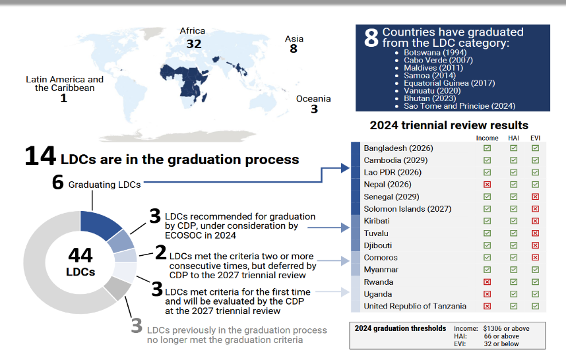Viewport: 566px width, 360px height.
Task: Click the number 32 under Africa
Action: [x=194, y=44]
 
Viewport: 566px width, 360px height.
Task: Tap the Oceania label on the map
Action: [x=313, y=98]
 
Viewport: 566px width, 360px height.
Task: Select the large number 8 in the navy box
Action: [x=371, y=38]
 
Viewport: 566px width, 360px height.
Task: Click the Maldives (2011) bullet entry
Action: [x=433, y=68]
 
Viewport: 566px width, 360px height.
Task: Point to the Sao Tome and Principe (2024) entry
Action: [x=460, y=106]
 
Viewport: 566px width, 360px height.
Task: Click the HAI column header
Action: [x=513, y=138]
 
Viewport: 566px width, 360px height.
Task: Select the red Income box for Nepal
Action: [x=487, y=185]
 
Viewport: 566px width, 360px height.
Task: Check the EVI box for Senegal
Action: [x=535, y=196]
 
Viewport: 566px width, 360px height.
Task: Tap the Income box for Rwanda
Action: [x=487, y=282]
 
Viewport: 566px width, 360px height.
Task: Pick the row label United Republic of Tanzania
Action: [x=415, y=306]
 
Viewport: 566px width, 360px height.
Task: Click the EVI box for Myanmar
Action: [x=535, y=270]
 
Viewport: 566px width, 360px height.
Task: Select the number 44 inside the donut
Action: [x=80, y=255]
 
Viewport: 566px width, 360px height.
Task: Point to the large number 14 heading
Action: [x=40, y=156]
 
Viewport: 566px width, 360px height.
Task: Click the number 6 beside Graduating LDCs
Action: [x=58, y=182]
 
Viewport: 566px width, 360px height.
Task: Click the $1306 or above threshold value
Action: [x=506, y=328]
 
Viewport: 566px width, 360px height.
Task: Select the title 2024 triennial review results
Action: [x=449, y=125]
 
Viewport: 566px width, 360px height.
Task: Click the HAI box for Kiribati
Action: [x=513, y=221]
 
